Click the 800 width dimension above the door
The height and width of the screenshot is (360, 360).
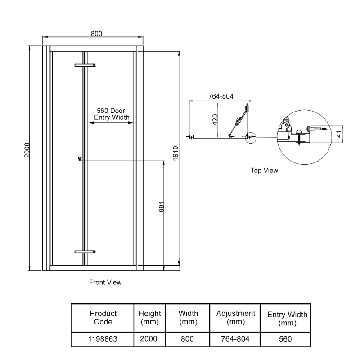(96, 33)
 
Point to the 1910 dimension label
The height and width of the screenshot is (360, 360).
(176, 153)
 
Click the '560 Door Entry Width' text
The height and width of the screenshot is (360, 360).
(112, 114)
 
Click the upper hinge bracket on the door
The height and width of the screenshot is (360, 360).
(85, 66)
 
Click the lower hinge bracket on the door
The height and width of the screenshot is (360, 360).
(85, 252)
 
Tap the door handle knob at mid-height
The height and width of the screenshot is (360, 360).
(80, 158)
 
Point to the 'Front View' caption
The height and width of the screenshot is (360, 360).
(105, 283)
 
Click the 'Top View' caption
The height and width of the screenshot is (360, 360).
(265, 171)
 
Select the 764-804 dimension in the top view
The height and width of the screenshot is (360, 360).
(220, 96)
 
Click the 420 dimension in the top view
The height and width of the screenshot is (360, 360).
(215, 120)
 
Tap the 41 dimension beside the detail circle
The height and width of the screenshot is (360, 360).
(339, 134)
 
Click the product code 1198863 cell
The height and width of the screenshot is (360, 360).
(103, 339)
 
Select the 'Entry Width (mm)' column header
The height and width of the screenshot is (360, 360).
(287, 319)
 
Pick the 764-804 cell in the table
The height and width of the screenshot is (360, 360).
(236, 339)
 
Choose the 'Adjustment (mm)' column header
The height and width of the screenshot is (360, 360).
(236, 317)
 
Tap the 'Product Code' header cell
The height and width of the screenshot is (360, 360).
(103, 317)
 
